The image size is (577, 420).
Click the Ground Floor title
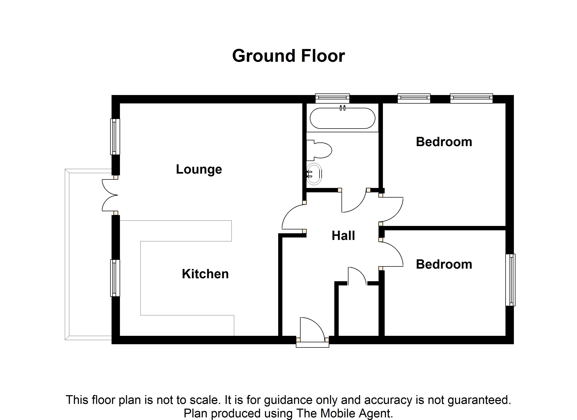tap(288, 56)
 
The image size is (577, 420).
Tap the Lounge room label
tap(199, 170)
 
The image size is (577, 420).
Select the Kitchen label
tap(205, 274)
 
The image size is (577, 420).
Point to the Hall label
tap(343, 236)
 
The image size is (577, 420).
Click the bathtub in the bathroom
tap(342, 118)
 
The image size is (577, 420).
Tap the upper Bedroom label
tap(444, 142)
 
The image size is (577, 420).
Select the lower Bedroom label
tap(444, 264)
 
